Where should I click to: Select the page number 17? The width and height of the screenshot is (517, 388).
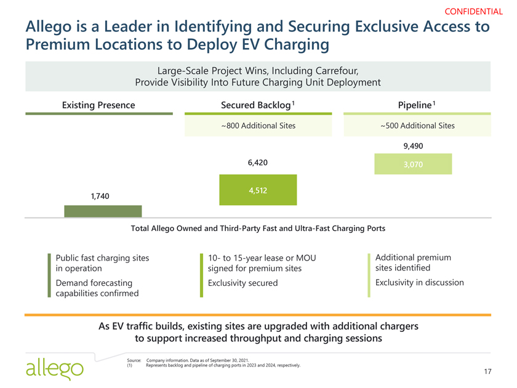[487, 371]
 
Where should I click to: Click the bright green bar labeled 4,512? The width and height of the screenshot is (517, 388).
[258, 190]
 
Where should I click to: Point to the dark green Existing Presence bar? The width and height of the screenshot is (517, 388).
[103, 211]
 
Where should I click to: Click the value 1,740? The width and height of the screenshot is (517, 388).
[100, 196]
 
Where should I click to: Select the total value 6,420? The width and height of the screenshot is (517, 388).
[258, 163]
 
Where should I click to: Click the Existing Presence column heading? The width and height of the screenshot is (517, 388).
[98, 105]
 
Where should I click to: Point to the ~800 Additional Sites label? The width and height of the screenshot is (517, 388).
[258, 126]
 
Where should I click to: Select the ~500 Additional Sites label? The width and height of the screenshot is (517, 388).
[417, 126]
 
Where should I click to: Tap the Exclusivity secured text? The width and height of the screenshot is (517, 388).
[242, 283]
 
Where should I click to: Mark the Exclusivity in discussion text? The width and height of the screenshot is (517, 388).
[419, 283]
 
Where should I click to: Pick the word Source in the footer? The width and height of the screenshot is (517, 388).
[134, 359]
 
